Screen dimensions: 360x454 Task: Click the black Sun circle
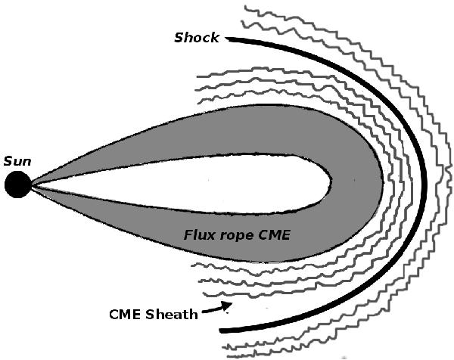coord(17,184)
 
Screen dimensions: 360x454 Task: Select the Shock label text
coord(196,38)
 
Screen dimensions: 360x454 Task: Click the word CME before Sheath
coord(126,314)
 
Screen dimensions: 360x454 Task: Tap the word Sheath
coord(174,314)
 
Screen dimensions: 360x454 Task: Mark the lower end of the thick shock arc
coord(221,331)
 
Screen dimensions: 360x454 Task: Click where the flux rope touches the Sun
coord(32,184)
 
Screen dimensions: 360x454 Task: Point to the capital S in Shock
coord(179,38)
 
